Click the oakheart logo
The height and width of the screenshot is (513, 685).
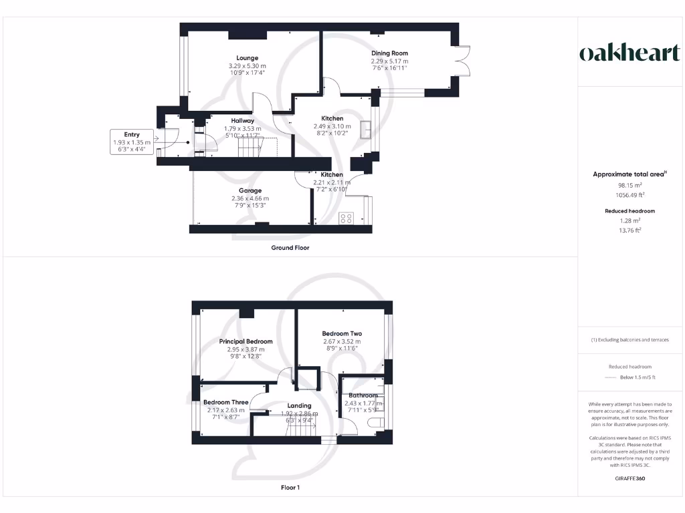(x=629, y=54)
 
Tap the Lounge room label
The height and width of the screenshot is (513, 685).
(x=247, y=58)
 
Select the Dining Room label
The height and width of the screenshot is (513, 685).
(x=389, y=53)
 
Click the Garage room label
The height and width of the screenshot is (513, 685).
(x=251, y=190)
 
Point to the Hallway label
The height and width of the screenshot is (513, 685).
(x=238, y=121)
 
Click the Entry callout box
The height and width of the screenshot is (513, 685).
(x=132, y=142)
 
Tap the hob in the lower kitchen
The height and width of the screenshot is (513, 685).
(x=347, y=218)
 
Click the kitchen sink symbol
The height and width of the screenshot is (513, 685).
(x=367, y=130)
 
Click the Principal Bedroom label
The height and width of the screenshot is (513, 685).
(x=246, y=341)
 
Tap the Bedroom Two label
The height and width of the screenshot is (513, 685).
(x=342, y=334)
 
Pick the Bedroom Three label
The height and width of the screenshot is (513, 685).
(x=225, y=402)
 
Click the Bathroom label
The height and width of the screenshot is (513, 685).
(x=363, y=395)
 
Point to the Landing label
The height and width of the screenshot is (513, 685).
(x=299, y=405)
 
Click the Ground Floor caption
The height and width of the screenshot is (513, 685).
(x=290, y=248)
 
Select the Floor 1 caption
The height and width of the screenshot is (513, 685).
(x=290, y=488)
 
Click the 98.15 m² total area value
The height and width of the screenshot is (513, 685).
(x=629, y=185)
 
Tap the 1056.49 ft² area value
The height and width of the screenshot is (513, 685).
(x=629, y=195)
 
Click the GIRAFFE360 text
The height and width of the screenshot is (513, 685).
(x=629, y=478)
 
